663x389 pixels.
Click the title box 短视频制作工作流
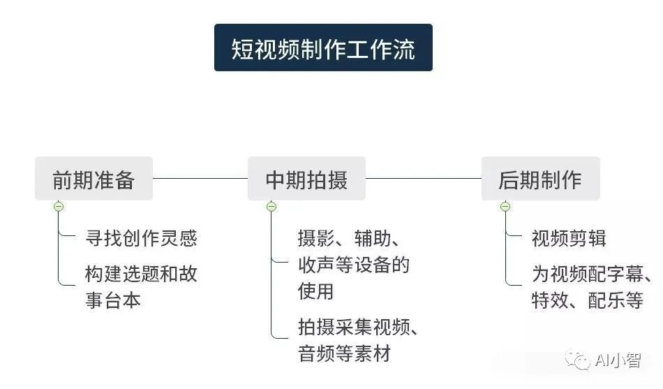[x=323, y=47]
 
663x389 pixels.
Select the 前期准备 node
[x=94, y=178]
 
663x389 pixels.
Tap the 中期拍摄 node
[x=306, y=178]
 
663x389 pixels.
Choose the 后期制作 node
[x=541, y=178]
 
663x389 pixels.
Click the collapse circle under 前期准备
[x=59, y=207]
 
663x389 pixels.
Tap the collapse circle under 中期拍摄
[x=271, y=207]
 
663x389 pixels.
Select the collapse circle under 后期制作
[x=505, y=207]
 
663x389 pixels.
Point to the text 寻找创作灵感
[x=141, y=238]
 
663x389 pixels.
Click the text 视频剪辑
[x=569, y=238]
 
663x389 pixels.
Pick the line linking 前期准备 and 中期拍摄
[x=200, y=178]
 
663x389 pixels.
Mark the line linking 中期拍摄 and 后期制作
[x=423, y=178]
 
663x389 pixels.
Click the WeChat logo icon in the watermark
[x=578, y=360]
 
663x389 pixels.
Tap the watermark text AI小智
[x=618, y=360]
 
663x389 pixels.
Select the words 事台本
[x=113, y=300]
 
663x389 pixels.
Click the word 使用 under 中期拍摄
[x=316, y=291]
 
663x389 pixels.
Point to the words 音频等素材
[x=344, y=353]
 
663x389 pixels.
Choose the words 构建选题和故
[x=141, y=274]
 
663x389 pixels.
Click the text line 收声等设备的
[x=354, y=265]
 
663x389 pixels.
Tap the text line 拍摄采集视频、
[x=358, y=327]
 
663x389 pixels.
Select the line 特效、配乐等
[x=588, y=300]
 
